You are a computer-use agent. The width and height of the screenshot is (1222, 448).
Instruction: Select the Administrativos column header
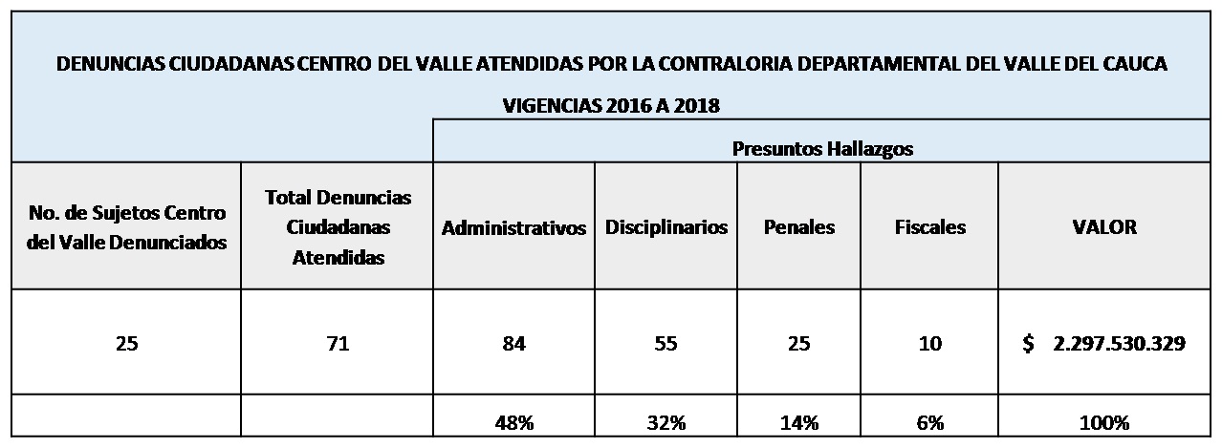pos(513,228)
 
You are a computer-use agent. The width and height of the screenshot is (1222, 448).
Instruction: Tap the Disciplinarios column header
pos(666,227)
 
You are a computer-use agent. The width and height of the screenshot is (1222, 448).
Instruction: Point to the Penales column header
pos(798,227)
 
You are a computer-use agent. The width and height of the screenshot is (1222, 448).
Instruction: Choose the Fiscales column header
pos(929,227)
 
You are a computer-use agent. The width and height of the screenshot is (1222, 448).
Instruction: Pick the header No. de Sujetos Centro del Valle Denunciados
pos(126,227)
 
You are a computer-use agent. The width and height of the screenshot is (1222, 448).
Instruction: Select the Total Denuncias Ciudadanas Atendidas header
pos(338,227)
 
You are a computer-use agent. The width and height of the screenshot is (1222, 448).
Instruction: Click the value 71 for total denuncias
pos(338,344)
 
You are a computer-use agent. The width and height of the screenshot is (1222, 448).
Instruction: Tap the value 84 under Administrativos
pos(513,344)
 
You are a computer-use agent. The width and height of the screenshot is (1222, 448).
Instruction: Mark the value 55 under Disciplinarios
pos(666,344)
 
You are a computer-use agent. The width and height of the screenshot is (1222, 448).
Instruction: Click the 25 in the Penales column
pos(798,344)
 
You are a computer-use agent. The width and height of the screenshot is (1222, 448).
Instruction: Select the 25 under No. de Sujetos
pos(126,344)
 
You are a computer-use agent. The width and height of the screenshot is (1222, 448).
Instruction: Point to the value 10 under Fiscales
pos(929,344)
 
